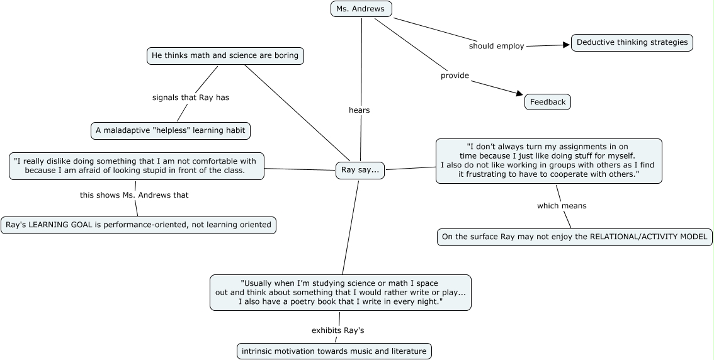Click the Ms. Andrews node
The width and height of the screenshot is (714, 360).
361,9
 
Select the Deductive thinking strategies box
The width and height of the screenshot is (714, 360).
632,43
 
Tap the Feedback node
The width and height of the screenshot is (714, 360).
547,102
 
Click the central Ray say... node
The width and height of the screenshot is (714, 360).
360,171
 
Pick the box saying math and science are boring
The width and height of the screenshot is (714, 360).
225,56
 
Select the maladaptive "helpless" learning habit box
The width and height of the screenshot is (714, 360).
170,131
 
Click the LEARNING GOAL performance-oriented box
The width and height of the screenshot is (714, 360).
138,225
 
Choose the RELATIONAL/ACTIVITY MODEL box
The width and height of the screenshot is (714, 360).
575,237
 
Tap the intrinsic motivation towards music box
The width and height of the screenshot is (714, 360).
334,351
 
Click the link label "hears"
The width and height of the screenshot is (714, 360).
359,110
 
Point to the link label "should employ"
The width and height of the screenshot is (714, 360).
496,46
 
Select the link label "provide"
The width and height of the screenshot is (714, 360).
455,76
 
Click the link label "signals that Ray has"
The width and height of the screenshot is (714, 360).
190,98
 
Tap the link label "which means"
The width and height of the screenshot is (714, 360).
562,206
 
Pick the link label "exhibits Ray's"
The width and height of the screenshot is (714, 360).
337,330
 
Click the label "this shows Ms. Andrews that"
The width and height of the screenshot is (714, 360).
134,195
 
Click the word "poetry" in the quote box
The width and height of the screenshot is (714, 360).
310,302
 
